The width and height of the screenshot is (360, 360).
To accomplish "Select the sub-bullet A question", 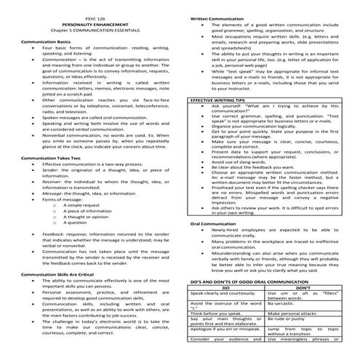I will tap(80, 225).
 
